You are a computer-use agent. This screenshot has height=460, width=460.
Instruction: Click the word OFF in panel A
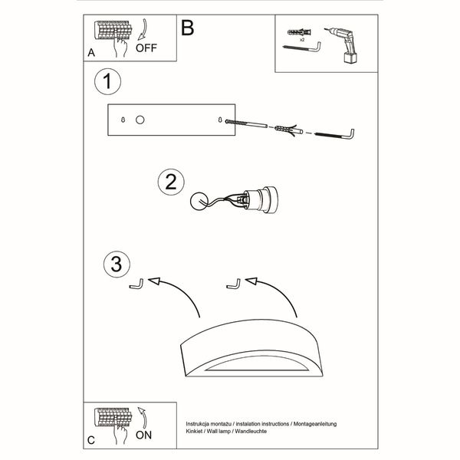(146, 48)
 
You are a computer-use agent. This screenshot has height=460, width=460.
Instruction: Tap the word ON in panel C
(143, 435)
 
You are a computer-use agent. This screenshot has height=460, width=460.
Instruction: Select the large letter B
(188, 28)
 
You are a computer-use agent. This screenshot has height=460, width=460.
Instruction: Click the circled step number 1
(107, 81)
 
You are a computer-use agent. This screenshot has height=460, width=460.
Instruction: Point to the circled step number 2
(171, 182)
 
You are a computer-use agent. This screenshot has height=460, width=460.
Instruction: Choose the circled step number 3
(117, 264)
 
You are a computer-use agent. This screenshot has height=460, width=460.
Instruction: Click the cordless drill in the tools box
(343, 45)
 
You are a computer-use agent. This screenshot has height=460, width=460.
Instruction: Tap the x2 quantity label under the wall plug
(302, 39)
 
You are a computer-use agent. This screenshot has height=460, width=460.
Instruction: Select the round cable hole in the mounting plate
(140, 120)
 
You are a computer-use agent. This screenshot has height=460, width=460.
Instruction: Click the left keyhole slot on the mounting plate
(123, 120)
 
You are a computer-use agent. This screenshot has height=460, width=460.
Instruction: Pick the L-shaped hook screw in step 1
(334, 135)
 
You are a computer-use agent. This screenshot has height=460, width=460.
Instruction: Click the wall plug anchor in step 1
(289, 129)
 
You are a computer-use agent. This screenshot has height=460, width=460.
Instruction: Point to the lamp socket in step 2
(261, 199)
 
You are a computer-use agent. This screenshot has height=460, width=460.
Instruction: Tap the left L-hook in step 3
(136, 285)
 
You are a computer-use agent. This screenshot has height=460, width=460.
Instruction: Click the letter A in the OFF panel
(91, 53)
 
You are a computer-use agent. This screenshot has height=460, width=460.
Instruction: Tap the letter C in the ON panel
(91, 440)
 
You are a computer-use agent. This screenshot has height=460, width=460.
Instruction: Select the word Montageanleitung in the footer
(315, 424)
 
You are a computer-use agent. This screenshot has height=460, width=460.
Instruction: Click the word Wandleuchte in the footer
(251, 431)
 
